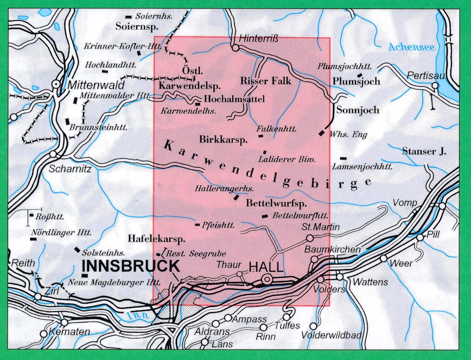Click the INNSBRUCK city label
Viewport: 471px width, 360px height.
point(131,266)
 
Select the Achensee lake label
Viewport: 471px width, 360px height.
point(411,47)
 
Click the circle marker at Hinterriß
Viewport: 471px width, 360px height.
point(235,48)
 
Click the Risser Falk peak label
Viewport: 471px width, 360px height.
point(265,81)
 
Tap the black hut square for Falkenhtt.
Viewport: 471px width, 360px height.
point(261,136)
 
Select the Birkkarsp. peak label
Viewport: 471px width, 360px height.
point(223,140)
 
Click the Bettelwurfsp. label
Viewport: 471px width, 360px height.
point(276,203)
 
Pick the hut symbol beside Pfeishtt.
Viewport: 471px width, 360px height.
point(197,225)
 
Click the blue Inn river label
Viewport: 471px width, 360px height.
point(138,315)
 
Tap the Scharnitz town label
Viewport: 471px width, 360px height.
point(70,169)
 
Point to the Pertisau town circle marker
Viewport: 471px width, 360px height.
point(435,86)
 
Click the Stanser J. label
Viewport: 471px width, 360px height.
point(424,151)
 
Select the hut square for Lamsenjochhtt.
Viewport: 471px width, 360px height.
point(344,158)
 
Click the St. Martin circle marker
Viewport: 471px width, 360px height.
point(310,238)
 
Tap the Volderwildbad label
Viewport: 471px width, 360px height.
point(331,335)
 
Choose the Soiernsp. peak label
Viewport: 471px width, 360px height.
point(137,26)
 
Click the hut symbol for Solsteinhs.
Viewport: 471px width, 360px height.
point(77,249)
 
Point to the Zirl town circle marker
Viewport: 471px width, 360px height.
point(38,296)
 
